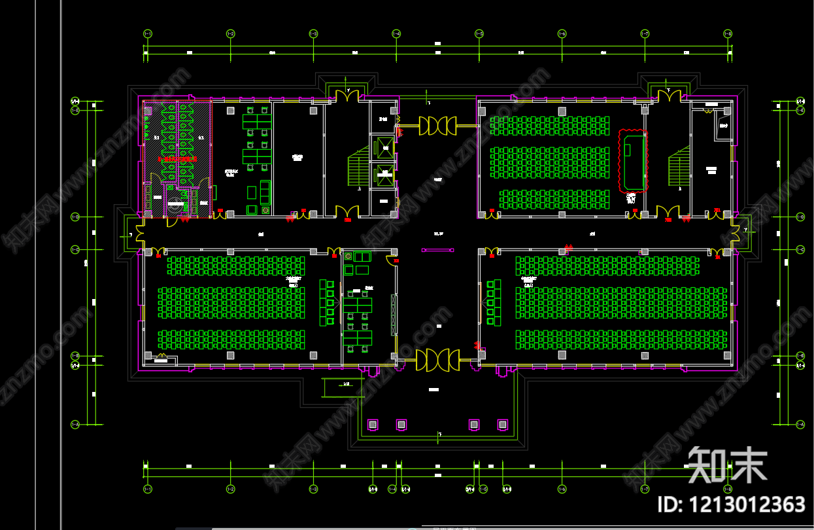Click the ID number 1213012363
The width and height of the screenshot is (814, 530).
pyautogui.click(x=731, y=504)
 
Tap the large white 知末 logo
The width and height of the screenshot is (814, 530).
pyautogui.click(x=727, y=465)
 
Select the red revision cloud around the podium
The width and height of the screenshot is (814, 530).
pyautogui.click(x=633, y=161)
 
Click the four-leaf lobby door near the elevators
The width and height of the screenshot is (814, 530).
pyautogui.click(x=437, y=125)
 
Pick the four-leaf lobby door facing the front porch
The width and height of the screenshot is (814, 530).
pyautogui.click(x=437, y=360)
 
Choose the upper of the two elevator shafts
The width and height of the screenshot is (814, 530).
pyautogui.click(x=382, y=145)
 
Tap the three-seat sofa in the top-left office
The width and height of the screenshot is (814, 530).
pyautogui.click(x=265, y=192)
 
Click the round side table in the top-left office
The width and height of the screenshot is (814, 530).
pyautogui.click(x=265, y=210)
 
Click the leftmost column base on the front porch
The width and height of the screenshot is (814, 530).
pyautogui.click(x=373, y=425)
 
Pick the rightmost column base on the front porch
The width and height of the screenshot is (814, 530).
pyautogui.click(x=502, y=425)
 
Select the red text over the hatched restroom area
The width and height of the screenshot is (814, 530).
pyautogui.click(x=177, y=159)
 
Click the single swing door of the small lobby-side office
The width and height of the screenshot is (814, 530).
pyautogui.click(x=391, y=260)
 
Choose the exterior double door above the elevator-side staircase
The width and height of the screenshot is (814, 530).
pyautogui.click(x=347, y=96)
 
